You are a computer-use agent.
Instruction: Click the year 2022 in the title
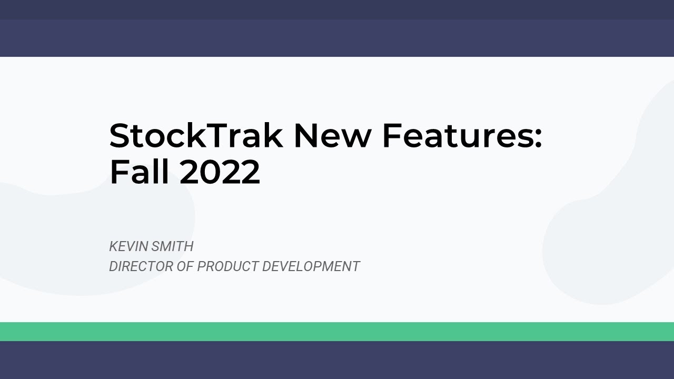[x=220, y=172]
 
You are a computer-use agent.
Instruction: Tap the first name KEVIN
[x=128, y=246]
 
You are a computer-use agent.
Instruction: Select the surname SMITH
[x=172, y=246]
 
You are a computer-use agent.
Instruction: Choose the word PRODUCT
[x=227, y=266]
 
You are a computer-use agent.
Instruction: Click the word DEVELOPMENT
[x=311, y=266]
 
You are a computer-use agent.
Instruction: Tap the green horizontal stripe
[x=337, y=332]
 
